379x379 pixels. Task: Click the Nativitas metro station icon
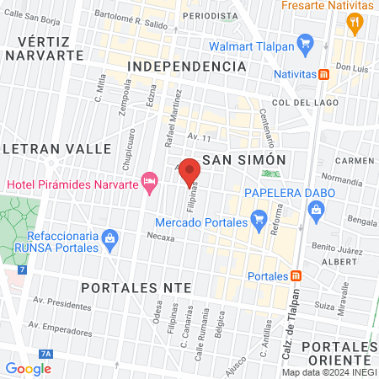(323, 74)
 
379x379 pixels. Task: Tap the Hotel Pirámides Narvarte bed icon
(150, 180)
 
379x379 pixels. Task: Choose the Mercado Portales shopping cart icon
(258, 222)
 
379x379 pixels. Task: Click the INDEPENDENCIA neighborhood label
(179, 66)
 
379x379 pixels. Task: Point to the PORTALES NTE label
(136, 287)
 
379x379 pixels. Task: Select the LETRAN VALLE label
(56, 148)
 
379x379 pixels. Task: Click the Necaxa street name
(160, 238)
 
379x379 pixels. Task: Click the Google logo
(29, 368)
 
